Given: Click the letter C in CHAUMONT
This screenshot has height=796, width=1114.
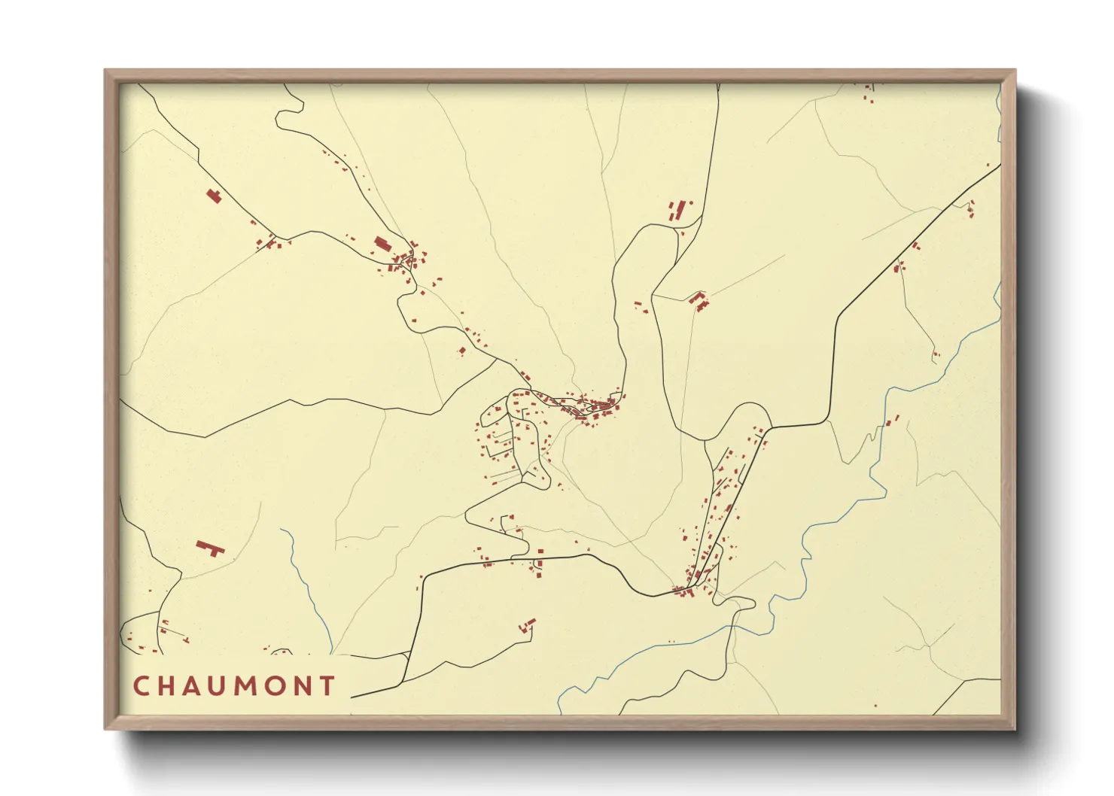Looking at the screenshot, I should (142, 686).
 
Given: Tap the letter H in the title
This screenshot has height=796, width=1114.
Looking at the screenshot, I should (168, 686).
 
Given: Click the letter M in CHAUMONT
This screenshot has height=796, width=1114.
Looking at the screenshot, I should (248, 686).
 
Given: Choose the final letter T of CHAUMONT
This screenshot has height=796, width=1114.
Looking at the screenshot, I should (327, 686).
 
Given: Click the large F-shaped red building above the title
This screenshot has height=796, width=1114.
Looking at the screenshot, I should (210, 547).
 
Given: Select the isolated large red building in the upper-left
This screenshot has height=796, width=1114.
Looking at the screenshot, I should (215, 196).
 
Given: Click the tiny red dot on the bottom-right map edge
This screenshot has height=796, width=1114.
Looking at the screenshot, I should (875, 706).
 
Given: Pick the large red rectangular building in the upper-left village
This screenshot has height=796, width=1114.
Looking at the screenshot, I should (382, 243).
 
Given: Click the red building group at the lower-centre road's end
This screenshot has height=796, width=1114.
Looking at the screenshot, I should (528, 624).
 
